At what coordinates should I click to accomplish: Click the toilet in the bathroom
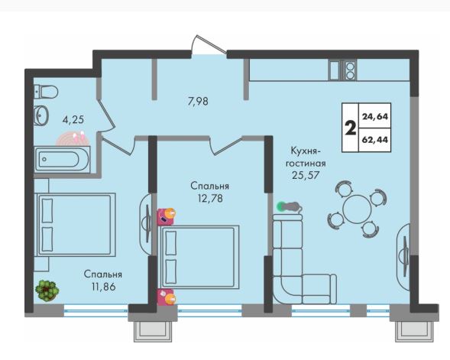[x=46, y=92]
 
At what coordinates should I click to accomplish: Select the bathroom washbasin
[x=41, y=115]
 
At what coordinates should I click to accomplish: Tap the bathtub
[x=62, y=159]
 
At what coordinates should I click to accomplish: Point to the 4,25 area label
[x=73, y=119]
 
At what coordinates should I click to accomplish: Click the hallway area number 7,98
[x=198, y=102]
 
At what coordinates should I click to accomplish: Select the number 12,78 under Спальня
[x=210, y=199]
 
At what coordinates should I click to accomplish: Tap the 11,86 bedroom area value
[x=104, y=287]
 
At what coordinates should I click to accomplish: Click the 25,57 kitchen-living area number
[x=306, y=175]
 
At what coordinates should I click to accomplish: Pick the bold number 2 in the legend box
[x=350, y=128]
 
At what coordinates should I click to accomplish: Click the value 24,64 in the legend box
[x=375, y=116]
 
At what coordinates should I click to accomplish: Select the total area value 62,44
[x=375, y=140]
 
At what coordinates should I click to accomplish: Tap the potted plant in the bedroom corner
[x=47, y=290]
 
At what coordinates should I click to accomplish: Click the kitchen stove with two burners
[x=349, y=70]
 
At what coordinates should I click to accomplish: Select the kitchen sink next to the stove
[x=335, y=70]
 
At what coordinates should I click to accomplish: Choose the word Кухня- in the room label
[x=305, y=151]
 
